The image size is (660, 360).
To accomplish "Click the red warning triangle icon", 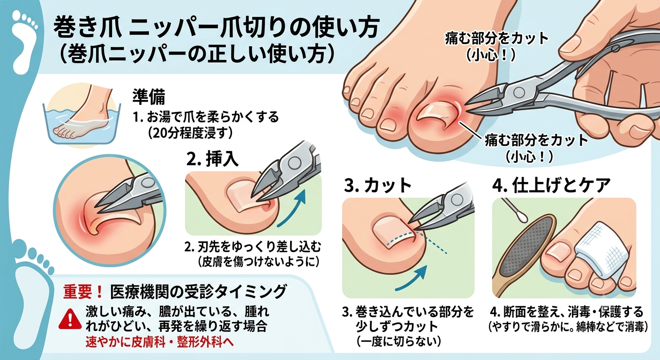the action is (70, 319).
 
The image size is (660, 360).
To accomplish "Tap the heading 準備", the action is (149, 97).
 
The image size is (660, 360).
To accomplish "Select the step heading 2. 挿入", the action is (212, 160).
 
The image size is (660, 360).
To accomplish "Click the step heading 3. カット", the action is (378, 186).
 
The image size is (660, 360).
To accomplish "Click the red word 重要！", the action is (83, 292).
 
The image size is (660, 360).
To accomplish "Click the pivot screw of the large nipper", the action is (519, 93).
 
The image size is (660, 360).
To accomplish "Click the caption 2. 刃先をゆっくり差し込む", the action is (253, 247).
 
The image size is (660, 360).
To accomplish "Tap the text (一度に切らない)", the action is (398, 341).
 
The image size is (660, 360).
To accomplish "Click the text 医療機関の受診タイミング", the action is (198, 292).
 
